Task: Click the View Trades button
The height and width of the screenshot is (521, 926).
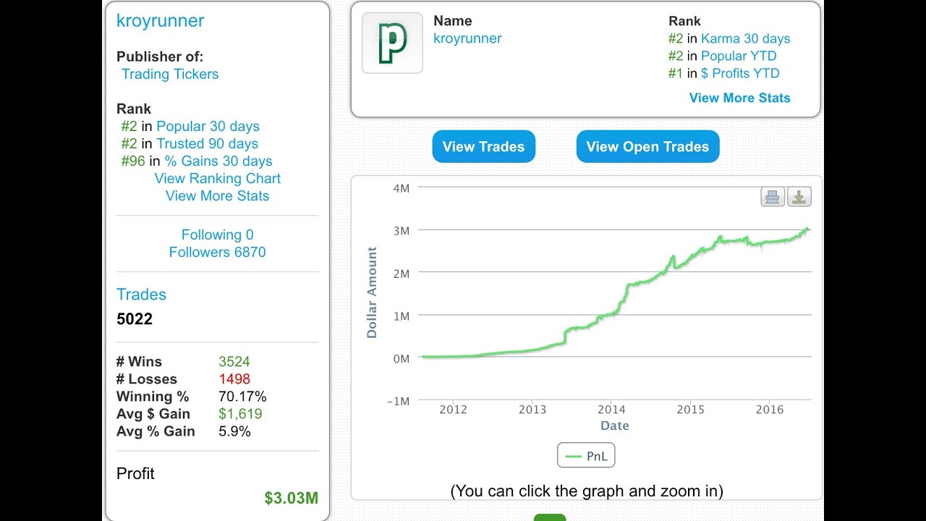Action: (484, 146)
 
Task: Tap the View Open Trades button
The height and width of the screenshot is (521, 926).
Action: (647, 146)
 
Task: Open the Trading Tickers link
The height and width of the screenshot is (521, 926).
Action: (170, 74)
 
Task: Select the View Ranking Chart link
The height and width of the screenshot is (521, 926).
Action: (218, 178)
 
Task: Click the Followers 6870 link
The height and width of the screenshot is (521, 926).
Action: (218, 252)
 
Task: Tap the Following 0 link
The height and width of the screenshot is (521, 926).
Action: (218, 234)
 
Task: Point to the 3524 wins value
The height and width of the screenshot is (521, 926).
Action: (234, 361)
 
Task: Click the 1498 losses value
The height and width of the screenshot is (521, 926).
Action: (234, 378)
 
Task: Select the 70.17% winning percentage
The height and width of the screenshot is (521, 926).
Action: (242, 396)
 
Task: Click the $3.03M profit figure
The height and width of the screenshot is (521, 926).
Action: (292, 498)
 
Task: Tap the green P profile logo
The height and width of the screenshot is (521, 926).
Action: (392, 43)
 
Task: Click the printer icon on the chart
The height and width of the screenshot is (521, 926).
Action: (772, 197)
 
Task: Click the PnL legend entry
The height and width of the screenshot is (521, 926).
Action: (586, 455)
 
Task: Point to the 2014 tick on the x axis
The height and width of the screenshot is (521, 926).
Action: (611, 410)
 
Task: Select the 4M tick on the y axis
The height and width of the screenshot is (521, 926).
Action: (402, 189)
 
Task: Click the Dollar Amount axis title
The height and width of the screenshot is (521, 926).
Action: (372, 292)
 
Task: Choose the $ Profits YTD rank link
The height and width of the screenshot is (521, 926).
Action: (740, 73)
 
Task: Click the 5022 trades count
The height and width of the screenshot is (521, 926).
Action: (135, 319)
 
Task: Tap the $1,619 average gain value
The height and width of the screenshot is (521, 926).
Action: (240, 413)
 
